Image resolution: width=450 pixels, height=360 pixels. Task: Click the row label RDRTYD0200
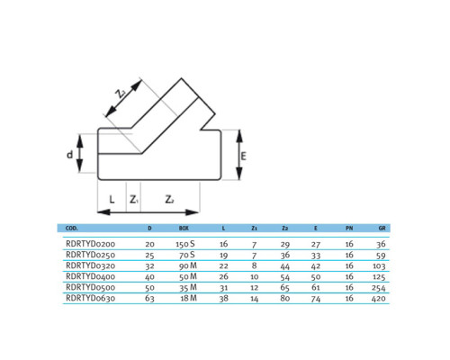click(90, 244)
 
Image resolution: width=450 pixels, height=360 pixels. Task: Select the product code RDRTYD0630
click(90, 298)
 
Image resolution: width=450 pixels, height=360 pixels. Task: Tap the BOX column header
click(184, 229)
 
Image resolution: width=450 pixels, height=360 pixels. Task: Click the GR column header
click(382, 229)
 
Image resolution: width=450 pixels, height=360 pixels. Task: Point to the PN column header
click(349, 229)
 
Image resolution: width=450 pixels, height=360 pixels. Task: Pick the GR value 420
click(378, 299)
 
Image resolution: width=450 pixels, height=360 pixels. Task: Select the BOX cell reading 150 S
click(185, 244)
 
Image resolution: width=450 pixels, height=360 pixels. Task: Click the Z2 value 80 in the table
click(284, 299)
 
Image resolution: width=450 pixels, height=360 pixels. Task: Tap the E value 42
click(316, 266)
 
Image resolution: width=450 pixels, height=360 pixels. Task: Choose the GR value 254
click(378, 288)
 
